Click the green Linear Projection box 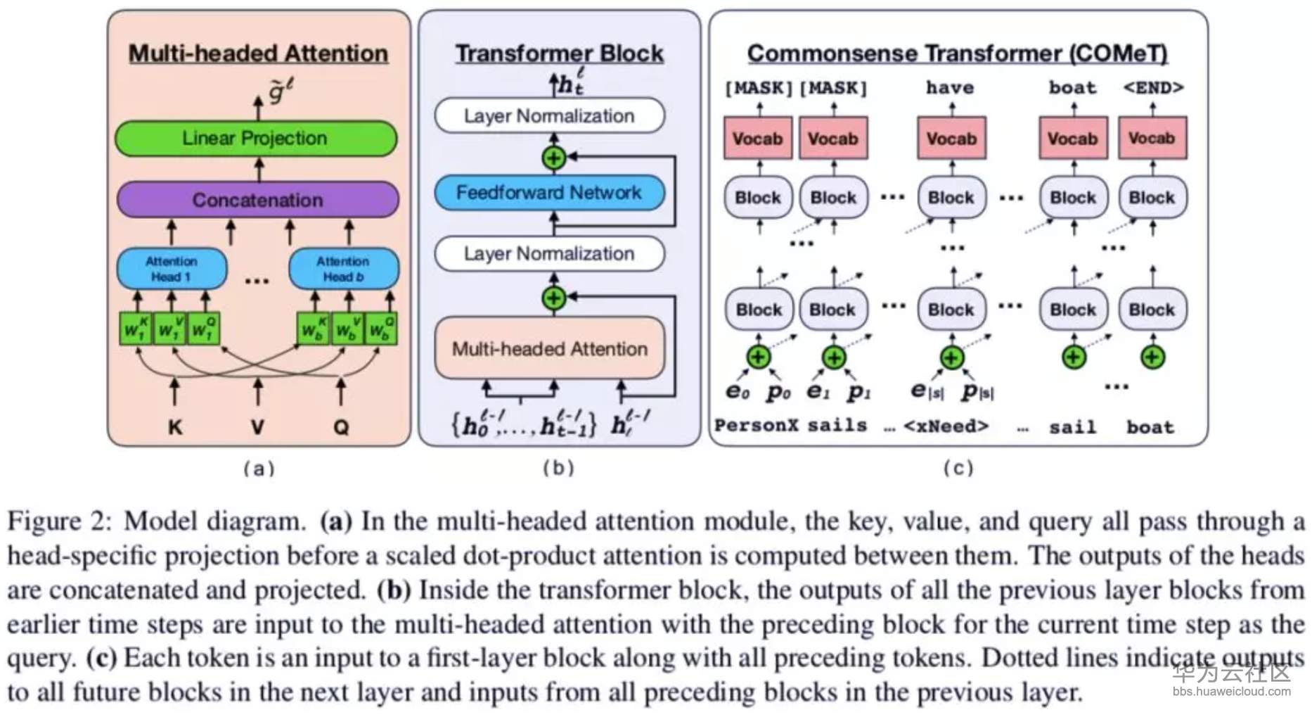255,139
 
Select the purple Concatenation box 257,200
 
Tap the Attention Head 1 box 172,269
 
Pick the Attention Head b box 343,269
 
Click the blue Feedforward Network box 549,193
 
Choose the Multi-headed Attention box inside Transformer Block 549,349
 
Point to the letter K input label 175,427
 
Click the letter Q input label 341,427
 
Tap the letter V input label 258,427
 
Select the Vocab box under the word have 951,139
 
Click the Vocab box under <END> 1152,139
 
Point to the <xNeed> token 946,426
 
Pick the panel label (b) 558,468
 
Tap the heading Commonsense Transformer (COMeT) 957,53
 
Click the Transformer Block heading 559,53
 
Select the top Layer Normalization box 549,116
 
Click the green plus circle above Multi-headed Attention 554,298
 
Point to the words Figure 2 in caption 59,522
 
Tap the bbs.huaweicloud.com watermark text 1231,692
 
